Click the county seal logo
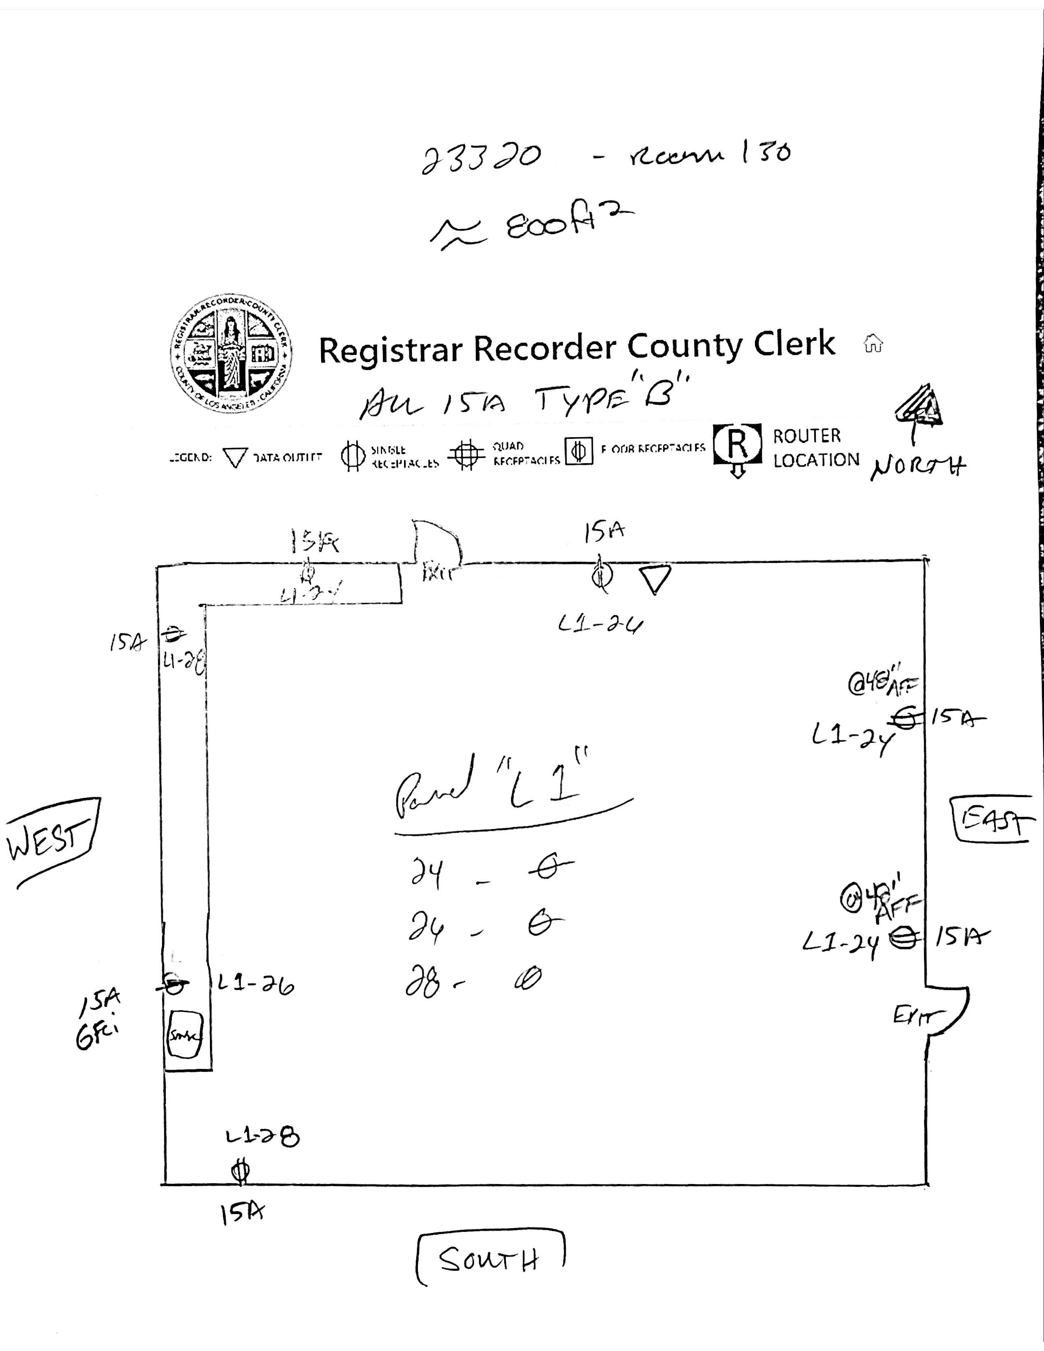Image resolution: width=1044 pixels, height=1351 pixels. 231,353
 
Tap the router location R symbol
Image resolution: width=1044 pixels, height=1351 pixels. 737,444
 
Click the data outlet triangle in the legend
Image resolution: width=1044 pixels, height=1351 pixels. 235,458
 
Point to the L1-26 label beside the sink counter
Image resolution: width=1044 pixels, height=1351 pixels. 255,984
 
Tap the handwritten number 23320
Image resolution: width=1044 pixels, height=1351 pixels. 481,158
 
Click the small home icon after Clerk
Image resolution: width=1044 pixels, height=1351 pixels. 873,343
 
